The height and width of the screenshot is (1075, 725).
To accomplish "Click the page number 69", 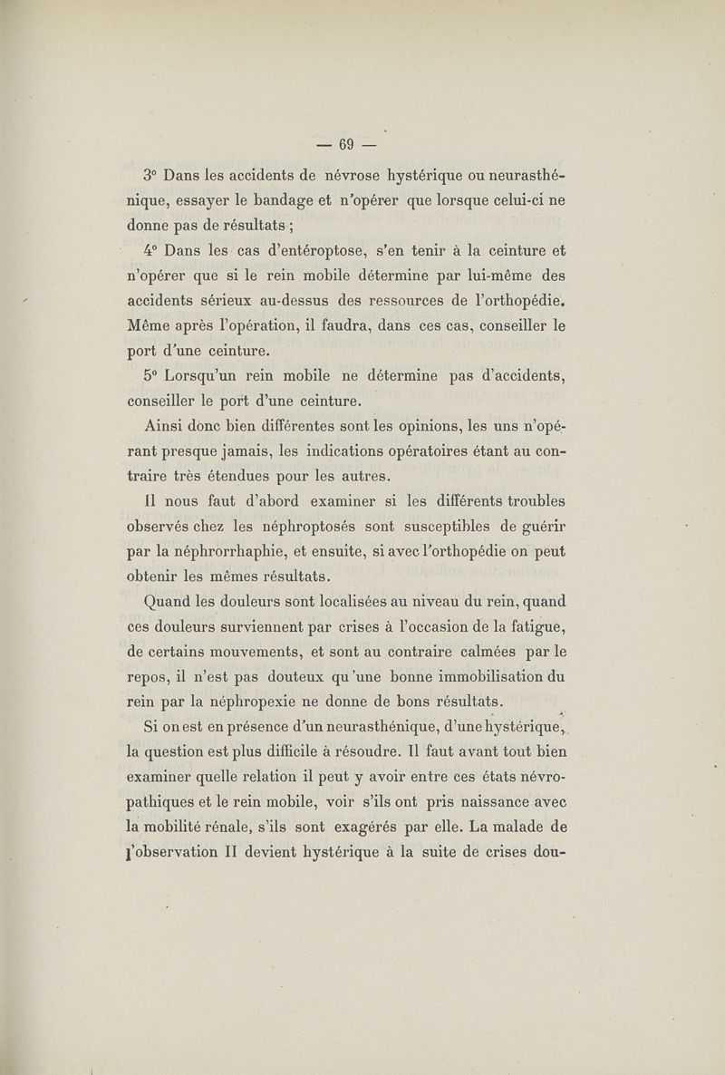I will click(x=344, y=144).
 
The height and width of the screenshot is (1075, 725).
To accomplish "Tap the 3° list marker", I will click(x=151, y=174).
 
